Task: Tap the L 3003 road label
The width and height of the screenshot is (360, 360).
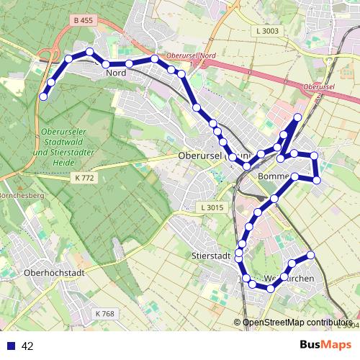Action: point(266,31)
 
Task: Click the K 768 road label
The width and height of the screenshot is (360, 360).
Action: point(104,314)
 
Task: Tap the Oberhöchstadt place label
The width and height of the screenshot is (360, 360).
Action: point(55,273)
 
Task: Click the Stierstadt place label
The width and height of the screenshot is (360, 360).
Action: point(210,256)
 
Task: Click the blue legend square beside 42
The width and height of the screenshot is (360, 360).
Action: point(10,346)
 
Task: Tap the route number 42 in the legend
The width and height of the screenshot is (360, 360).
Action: point(28,346)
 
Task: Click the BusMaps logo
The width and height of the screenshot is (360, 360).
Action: point(325,346)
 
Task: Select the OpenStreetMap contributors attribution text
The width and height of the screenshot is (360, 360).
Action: point(297,323)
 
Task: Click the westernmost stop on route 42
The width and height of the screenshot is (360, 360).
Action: point(43,96)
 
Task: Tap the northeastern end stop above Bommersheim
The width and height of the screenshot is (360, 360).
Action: point(298,117)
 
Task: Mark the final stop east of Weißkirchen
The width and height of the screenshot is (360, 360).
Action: point(311,255)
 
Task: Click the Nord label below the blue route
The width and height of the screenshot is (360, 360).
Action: point(116,73)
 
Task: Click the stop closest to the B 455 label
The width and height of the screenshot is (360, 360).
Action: point(90,52)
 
